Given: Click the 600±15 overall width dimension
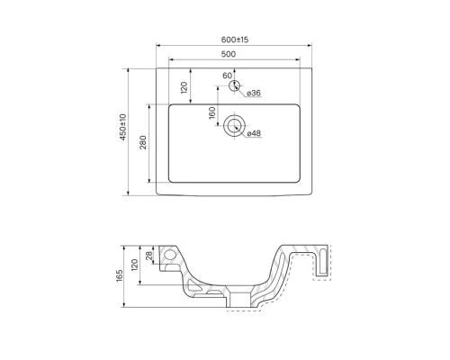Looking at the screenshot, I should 235,39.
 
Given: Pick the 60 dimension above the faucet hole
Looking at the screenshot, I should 227,76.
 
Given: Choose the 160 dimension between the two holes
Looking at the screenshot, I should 212,114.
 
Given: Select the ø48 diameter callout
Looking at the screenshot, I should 254,134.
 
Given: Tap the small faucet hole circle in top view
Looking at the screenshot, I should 235,87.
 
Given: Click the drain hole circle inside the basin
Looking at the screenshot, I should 235,125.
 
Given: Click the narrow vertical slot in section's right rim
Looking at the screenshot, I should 323,260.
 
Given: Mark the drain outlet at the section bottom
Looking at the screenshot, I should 238,296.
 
